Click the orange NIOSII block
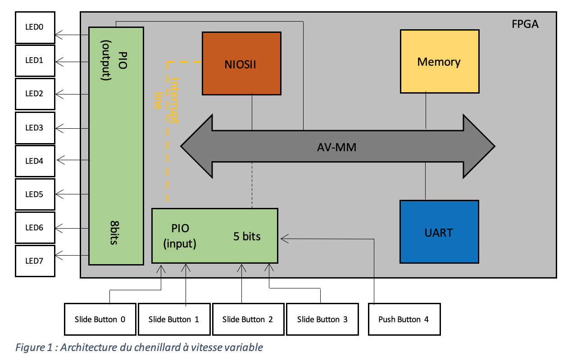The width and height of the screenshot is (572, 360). coord(241,63)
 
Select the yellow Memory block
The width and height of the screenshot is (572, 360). coord(439,61)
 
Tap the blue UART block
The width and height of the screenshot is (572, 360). coord(439,232)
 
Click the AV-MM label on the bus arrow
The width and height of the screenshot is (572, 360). coord(337,146)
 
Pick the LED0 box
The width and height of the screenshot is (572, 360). coord(35,27)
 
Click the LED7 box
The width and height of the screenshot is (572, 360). coord(35,261)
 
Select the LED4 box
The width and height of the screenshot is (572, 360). coord(35,161)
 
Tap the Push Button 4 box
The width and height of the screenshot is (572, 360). coord(404,319)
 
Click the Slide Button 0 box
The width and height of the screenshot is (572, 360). coord(100,319)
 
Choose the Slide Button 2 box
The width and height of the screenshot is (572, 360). coord(248,319)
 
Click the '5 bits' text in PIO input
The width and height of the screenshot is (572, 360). coord(247,236)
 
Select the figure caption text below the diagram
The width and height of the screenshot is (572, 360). coord(139,347)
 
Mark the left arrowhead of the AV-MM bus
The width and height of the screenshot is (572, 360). coord(194,146)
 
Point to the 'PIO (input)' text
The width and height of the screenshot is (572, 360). coord(180,236)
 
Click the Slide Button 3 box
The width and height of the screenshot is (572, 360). coord(322,319)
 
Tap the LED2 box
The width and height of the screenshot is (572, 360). coord(35,94)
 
